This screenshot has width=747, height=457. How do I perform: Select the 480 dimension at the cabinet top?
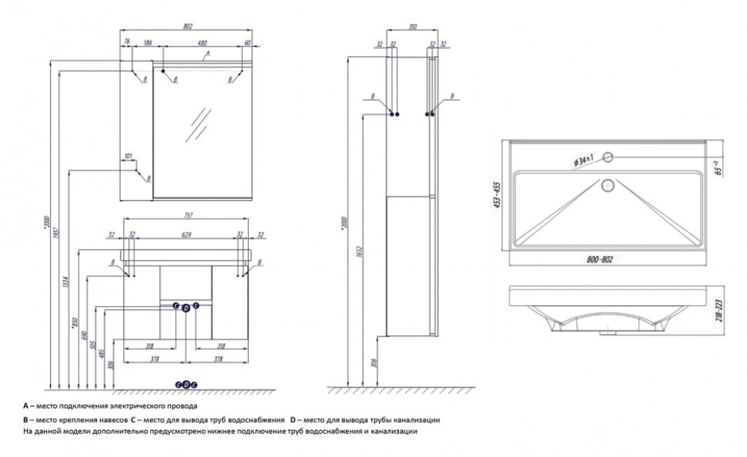tap(201, 44)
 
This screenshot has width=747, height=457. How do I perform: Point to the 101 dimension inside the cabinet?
tap(128, 157)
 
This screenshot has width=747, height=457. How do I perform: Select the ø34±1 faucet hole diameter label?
tap(583, 159)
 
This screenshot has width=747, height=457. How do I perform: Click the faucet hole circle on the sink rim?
tap(609, 157)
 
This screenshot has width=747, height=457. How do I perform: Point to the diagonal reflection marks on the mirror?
tap(198, 123)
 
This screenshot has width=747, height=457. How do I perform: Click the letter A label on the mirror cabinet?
tap(208, 54)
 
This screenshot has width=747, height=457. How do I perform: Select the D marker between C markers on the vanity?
tap(185, 307)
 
